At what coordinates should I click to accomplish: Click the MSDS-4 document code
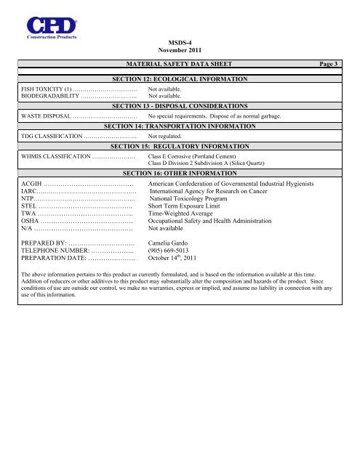pos(178,43)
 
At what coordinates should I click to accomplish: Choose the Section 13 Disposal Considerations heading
pos(180,105)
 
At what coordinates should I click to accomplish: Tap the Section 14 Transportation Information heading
pos(180,126)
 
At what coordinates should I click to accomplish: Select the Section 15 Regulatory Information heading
pos(180,146)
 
